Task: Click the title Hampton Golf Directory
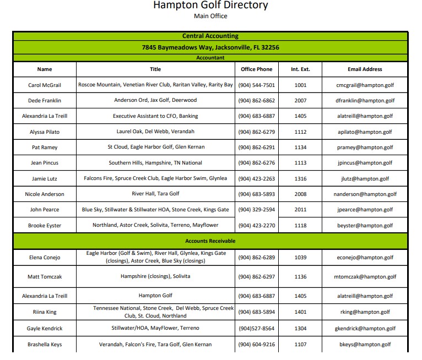click(x=210, y=6)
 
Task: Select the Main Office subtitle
click(x=210, y=16)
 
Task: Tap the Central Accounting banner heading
click(x=210, y=36)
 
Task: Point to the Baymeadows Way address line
click(x=210, y=47)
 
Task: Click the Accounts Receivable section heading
click(x=210, y=241)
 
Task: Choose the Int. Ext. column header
click(x=300, y=69)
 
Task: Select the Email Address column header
click(x=365, y=69)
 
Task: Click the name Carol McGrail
click(x=45, y=85)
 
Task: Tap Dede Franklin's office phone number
click(x=256, y=101)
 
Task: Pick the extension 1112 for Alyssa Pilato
click(x=300, y=132)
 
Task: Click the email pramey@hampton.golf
click(x=365, y=148)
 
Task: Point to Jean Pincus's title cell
click(x=155, y=163)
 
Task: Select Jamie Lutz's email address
click(x=365, y=179)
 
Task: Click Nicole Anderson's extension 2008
click(x=300, y=194)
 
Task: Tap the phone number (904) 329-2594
click(x=256, y=210)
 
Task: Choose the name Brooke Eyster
click(x=45, y=226)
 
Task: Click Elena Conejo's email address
click(x=365, y=257)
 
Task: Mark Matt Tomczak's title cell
click(x=155, y=276)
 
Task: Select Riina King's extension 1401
click(x=300, y=312)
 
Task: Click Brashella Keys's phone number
click(x=256, y=345)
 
